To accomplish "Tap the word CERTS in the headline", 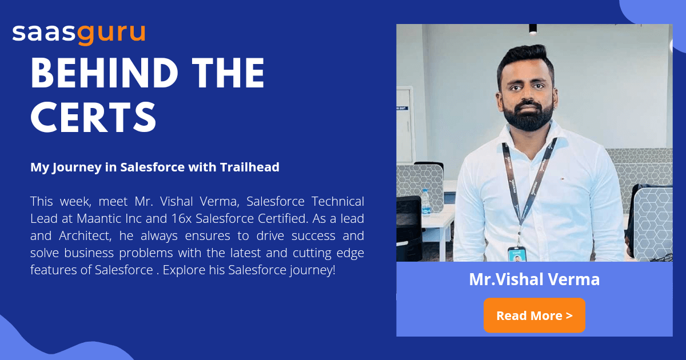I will (x=93, y=117).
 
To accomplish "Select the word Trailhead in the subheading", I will (x=251, y=167).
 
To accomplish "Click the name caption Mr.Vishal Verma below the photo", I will (x=534, y=279).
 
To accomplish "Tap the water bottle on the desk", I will (x=425, y=201).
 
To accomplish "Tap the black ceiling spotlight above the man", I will (x=533, y=29).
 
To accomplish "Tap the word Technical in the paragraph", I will (x=337, y=201).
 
